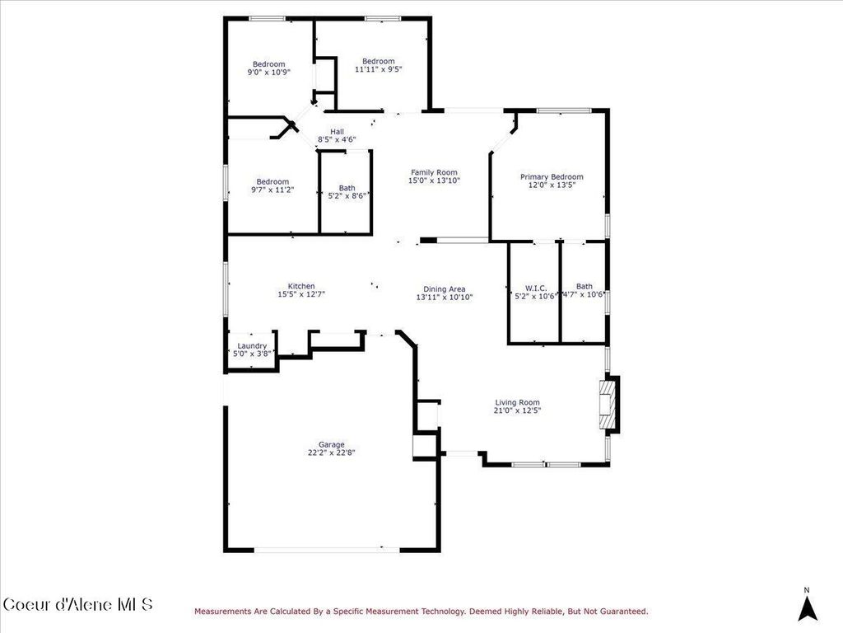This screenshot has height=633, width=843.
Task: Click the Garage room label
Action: click(x=333, y=444)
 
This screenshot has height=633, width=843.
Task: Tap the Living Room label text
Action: click(x=517, y=402)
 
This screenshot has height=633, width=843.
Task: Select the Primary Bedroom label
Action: click(x=551, y=176)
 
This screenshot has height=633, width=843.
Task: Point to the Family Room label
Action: click(x=434, y=171)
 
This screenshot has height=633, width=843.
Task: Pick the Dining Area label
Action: click(x=445, y=288)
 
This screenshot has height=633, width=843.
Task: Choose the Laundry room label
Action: click(x=251, y=345)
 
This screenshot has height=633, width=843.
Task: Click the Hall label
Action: click(x=337, y=131)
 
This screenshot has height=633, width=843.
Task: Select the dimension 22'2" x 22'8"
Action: click(x=333, y=452)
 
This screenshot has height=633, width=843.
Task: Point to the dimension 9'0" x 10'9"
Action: click(x=268, y=73)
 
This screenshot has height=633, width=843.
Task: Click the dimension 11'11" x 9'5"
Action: click(x=379, y=69)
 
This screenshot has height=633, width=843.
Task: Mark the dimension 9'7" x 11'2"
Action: click(x=272, y=190)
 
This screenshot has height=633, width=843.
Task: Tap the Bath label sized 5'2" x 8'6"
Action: click(x=347, y=187)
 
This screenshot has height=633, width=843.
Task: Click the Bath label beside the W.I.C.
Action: click(x=584, y=286)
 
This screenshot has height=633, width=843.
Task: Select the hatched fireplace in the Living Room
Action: click(x=608, y=405)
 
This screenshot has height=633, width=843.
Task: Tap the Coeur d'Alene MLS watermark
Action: click(x=78, y=604)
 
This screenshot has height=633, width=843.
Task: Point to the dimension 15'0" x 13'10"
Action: click(x=434, y=180)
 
